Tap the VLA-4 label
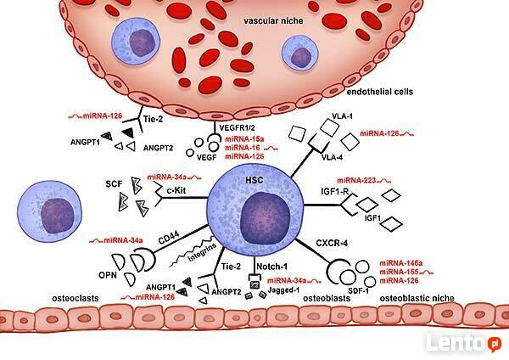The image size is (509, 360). click(x=338, y=156)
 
